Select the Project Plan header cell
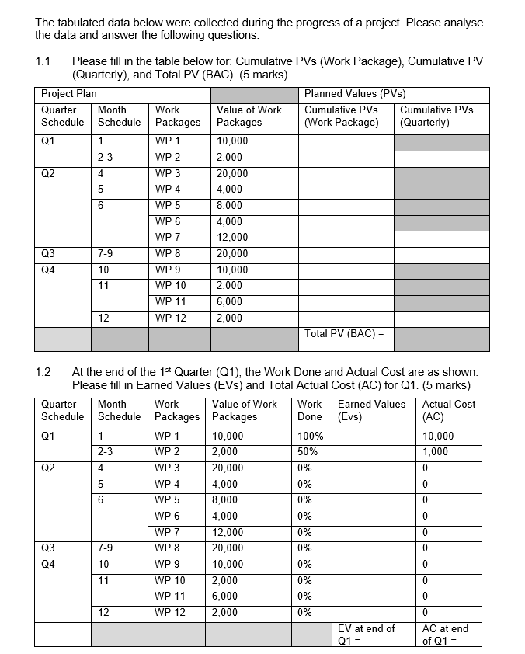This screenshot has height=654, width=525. [x=69, y=94]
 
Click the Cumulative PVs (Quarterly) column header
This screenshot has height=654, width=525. [x=436, y=116]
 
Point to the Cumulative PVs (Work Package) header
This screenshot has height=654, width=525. [x=341, y=116]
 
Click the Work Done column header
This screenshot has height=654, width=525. [x=309, y=410]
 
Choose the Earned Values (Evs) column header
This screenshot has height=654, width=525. [x=371, y=410]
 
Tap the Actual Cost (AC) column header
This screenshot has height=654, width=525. [x=449, y=410]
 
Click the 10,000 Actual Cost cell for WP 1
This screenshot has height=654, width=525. [x=437, y=436]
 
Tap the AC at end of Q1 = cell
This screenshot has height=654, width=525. [x=445, y=635]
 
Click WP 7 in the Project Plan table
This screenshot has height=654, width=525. [x=168, y=238]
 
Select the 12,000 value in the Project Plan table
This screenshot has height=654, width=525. [x=232, y=238]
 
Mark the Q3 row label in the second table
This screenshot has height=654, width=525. [x=48, y=548]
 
